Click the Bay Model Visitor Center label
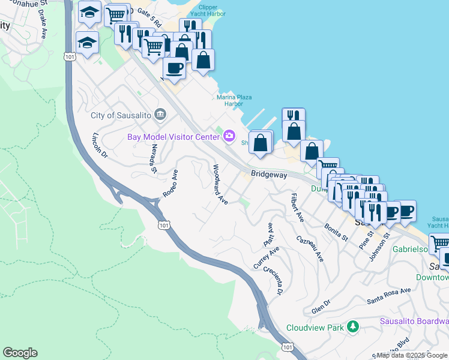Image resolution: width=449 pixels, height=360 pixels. (173, 137)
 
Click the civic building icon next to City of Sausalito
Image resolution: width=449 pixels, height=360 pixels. (160, 114)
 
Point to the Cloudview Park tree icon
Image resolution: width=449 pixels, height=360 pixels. (354, 327)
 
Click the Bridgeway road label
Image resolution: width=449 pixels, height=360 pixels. (269, 175)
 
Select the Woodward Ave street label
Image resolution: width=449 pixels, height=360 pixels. (218, 184)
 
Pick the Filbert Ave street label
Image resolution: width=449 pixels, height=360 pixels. (297, 208)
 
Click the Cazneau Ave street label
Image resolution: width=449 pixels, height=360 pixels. (310, 248)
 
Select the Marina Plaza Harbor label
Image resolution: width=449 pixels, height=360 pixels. (234, 100)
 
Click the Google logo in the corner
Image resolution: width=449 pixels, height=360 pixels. (20, 353)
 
